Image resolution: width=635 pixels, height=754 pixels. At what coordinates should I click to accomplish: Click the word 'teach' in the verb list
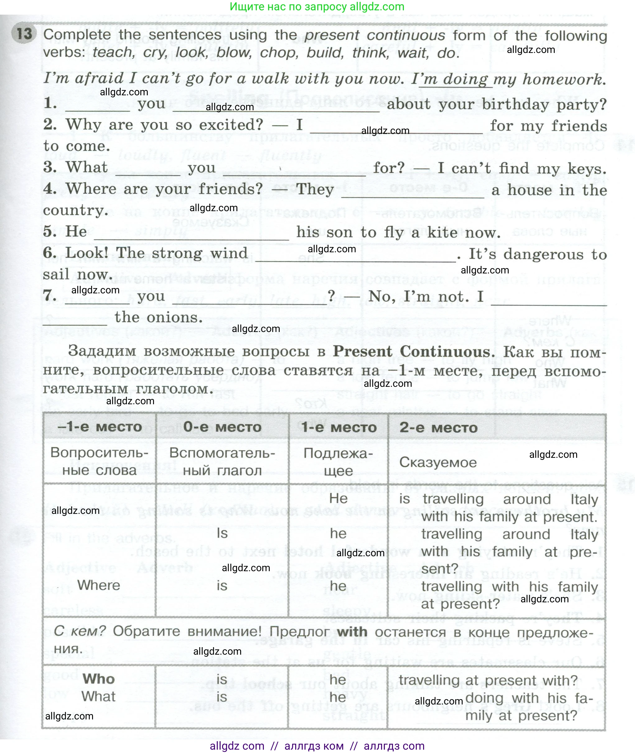[x=112, y=53]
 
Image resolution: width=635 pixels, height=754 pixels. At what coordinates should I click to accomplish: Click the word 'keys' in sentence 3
[x=587, y=168]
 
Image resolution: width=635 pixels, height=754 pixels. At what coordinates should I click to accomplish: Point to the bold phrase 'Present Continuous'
[x=412, y=351]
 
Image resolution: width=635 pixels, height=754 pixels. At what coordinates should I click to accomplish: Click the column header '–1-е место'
[x=99, y=427]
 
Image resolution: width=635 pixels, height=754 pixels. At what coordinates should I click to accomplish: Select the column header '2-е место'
[x=438, y=428]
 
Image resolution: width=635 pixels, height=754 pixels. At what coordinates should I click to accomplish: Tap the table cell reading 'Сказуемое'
[x=438, y=462]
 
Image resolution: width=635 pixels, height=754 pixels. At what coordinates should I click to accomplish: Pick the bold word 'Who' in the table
[x=99, y=679]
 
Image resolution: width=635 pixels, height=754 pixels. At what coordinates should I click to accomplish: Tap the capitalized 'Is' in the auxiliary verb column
[x=222, y=533]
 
